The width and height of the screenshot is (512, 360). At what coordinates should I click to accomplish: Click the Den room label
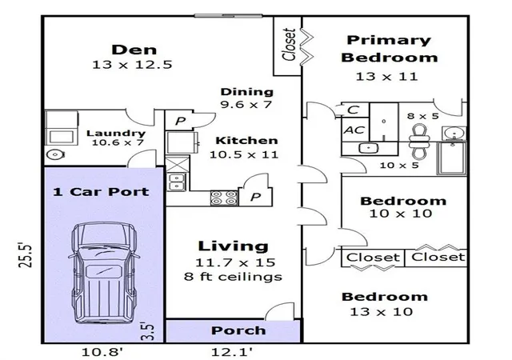coord(134,50)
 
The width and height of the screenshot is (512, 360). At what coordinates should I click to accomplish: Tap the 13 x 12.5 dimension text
coord(132,65)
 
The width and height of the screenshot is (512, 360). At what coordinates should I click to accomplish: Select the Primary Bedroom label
coord(389,49)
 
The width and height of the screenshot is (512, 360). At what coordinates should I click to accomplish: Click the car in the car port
coord(103,273)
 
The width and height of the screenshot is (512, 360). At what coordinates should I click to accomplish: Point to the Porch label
coord(238,330)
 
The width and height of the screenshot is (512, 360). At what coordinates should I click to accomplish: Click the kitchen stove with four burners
coord(224,198)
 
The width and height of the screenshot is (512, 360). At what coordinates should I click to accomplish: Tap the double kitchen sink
coord(177,182)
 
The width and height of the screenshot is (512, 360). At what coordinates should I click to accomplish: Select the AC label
coord(354,130)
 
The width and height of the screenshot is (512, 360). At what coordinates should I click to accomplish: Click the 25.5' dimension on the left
coord(25,255)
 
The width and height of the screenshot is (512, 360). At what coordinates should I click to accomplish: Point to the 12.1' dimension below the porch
coord(231,352)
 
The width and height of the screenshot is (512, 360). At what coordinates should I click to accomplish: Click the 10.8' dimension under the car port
coord(102,352)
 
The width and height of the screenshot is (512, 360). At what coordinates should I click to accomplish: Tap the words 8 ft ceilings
coord(233,277)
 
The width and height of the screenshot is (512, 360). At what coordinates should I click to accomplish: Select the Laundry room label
coord(116,134)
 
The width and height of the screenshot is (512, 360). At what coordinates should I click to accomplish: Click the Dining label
coord(247,92)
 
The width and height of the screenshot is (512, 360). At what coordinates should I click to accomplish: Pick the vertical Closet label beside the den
coord(289,45)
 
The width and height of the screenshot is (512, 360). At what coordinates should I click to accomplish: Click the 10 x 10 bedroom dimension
coord(401,214)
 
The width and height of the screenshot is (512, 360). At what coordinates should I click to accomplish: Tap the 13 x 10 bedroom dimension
coord(381,312)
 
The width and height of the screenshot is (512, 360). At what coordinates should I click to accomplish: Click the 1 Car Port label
coord(101,191)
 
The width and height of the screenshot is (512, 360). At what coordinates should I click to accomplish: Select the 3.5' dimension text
coord(147,331)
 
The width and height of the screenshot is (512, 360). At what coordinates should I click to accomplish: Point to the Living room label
coord(233,246)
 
